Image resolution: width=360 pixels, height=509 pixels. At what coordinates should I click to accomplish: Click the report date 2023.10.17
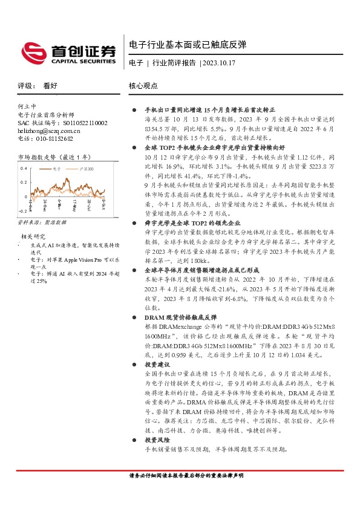[x=220, y=62]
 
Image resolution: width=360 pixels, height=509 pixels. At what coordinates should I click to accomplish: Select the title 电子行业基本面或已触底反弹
[x=188, y=45]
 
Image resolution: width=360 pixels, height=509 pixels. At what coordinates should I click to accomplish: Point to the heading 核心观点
[x=143, y=86]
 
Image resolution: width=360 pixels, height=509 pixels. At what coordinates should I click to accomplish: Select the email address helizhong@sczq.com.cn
[x=49, y=130]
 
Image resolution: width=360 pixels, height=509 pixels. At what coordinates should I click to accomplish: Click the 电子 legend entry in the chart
[x=57, y=169]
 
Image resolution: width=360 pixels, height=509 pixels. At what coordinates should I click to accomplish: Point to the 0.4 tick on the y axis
[x=23, y=168]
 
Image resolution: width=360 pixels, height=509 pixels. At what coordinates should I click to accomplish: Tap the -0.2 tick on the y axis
[x=22, y=211]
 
